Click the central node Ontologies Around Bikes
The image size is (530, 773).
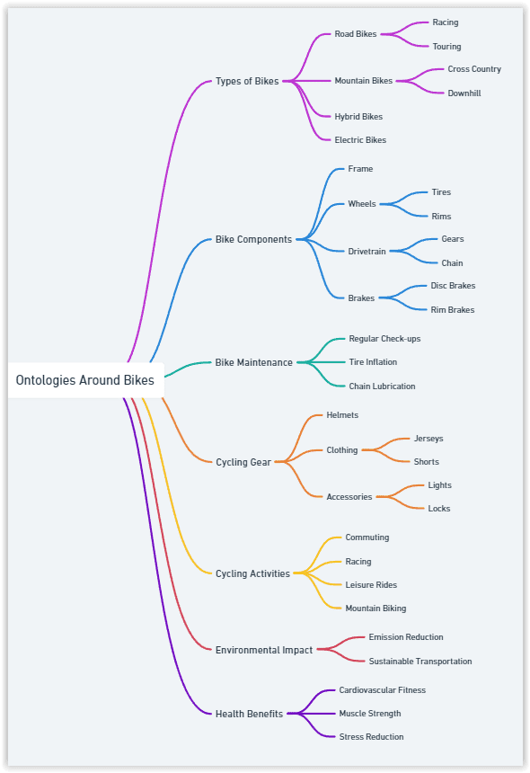84,380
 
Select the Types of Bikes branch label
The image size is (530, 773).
247,81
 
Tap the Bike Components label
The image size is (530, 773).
253,240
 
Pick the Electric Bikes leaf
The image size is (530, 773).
360,140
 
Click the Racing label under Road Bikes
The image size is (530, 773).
446,22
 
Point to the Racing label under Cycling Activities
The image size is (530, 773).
358,562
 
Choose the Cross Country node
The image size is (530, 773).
474,69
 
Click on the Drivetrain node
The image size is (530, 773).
367,252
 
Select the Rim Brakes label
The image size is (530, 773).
453,309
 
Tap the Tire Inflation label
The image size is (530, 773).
373,362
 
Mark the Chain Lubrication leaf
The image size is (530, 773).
383,386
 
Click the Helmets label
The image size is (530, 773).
342,415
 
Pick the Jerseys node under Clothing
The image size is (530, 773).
428,439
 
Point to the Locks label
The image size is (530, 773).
439,508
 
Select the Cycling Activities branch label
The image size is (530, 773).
252,573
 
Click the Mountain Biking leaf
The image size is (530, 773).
375,609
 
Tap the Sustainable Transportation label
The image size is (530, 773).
420,661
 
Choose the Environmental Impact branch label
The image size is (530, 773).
264,650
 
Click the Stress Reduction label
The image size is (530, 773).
371,736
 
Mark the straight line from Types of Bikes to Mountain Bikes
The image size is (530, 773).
307,81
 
